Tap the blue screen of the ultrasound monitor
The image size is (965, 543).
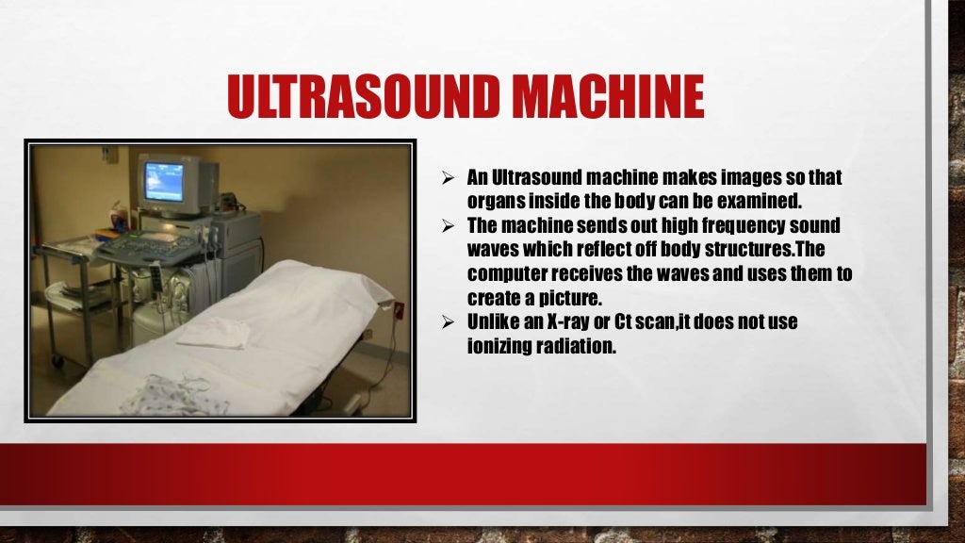(165, 180)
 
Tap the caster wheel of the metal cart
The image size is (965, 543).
(57, 361)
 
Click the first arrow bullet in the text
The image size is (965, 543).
(450, 178)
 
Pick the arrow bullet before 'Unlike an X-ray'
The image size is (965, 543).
(450, 322)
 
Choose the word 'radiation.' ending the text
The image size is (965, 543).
(576, 346)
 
